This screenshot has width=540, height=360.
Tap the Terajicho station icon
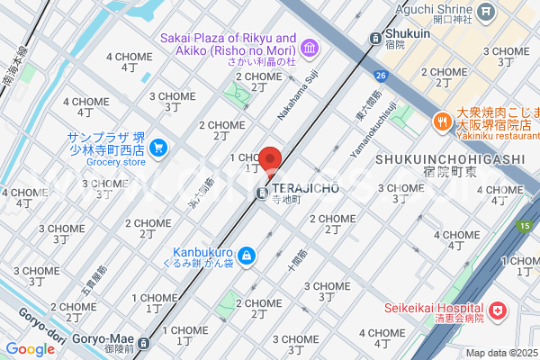(x=261, y=193)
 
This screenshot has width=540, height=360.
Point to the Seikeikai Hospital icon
(x=497, y=312)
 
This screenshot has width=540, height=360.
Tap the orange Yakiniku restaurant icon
(x=442, y=119)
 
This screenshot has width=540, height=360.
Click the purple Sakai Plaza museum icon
(x=310, y=46)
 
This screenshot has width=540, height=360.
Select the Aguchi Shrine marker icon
(x=487, y=12)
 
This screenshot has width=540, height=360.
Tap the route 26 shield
(x=382, y=76)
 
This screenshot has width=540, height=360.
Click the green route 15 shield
(x=523, y=225)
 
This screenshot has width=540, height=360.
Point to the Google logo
(x=30, y=349)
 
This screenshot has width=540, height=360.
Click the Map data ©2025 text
(x=500, y=353)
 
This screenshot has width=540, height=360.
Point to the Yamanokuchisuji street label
(x=373, y=131)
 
